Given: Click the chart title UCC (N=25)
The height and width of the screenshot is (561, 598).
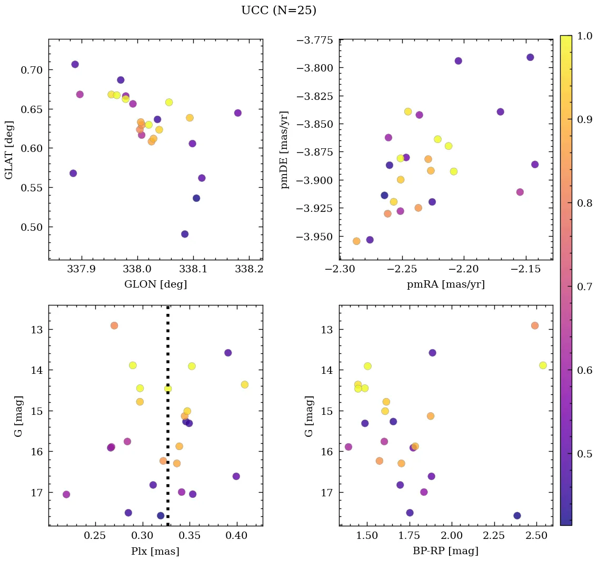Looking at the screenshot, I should pyautogui.click(x=278, y=11).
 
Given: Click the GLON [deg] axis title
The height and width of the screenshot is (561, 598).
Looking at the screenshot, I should pyautogui.click(x=155, y=284).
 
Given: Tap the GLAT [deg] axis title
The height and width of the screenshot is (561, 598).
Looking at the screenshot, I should pyautogui.click(x=9, y=150).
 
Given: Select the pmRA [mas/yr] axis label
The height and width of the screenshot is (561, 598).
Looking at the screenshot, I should pyautogui.click(x=445, y=284).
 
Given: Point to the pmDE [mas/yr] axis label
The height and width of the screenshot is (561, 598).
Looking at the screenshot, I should pyautogui.click(x=285, y=150).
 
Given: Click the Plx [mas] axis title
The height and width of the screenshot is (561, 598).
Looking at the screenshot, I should pyautogui.click(x=155, y=551).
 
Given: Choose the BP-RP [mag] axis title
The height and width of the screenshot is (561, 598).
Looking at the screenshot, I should pyautogui.click(x=445, y=551).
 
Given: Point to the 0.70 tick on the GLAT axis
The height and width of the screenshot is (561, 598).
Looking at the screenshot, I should pyautogui.click(x=32, y=70).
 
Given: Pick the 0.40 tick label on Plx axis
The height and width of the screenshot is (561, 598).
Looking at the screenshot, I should pyautogui.click(x=236, y=536).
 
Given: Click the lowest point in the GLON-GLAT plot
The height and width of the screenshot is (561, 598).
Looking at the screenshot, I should pyautogui.click(x=185, y=234).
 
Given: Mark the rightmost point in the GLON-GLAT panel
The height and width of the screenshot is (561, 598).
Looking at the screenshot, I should pyautogui.click(x=238, y=113).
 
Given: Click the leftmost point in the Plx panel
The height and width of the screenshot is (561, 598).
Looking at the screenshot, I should pyautogui.click(x=66, y=494).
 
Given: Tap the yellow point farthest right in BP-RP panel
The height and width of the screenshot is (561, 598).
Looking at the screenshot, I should pyautogui.click(x=543, y=365).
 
